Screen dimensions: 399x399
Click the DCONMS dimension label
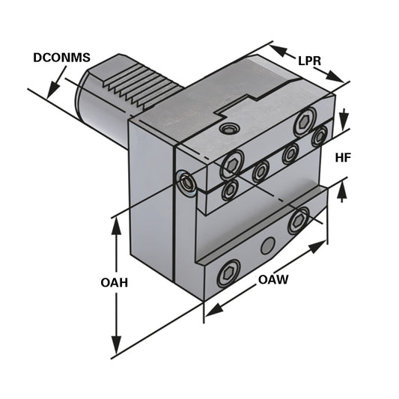tap(61, 58)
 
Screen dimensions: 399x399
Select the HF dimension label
tap(344, 159)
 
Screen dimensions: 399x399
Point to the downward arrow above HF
tap(344, 120)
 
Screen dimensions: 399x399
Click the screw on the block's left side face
tap(183, 179)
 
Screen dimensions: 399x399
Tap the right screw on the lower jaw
tap(299, 220)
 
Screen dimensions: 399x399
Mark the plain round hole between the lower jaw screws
tap(266, 246)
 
